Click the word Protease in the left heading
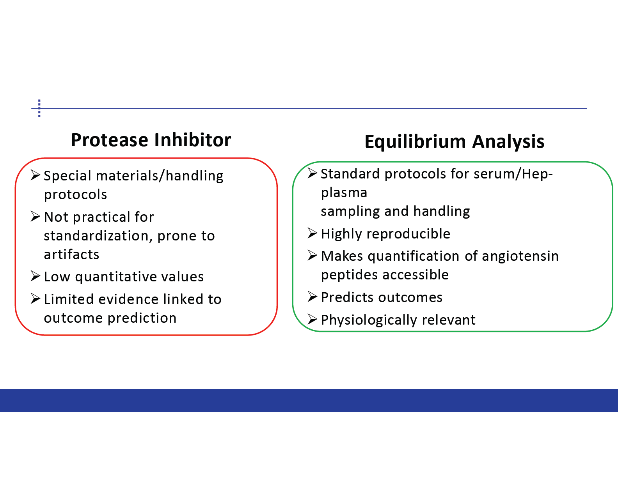tap(110, 140)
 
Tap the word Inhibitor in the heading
tap(192, 140)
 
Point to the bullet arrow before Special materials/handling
tap(36, 175)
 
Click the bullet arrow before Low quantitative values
tap(36, 276)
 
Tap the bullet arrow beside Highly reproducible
tap(313, 233)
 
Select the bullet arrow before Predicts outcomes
tap(313, 297)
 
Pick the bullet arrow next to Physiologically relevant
tap(313, 319)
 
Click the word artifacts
tap(71, 254)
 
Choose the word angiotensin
tap(520, 256)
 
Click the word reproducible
tap(408, 234)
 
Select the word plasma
tap(344, 193)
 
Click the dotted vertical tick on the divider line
tap(39, 108)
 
